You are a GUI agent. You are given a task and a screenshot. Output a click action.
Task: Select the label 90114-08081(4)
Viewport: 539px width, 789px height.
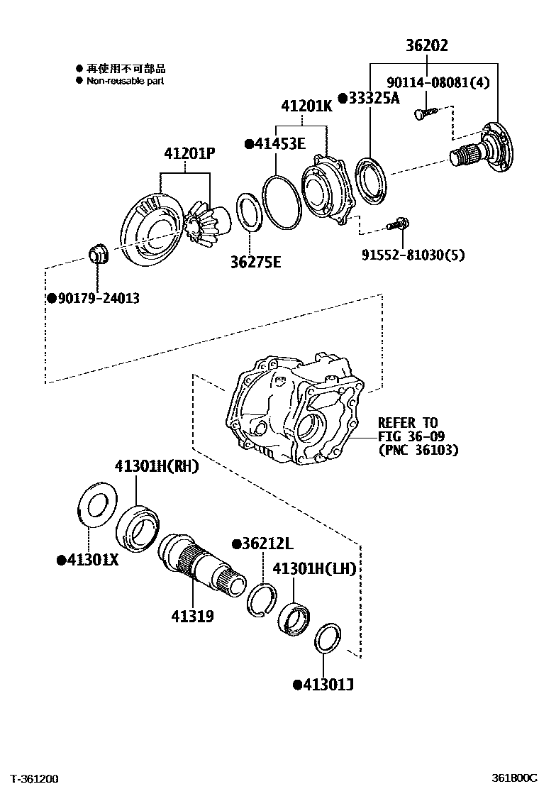coord(448,83)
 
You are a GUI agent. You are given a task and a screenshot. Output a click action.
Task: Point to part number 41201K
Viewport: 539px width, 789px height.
coord(306,107)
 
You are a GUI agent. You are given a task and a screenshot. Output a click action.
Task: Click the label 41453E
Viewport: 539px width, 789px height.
coord(278,144)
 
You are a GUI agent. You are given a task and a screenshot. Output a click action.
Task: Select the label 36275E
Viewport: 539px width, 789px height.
coord(255,263)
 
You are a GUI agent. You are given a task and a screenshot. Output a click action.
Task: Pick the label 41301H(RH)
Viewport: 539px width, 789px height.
coord(157,466)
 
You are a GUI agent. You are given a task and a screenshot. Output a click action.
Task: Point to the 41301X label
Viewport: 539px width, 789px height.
coord(90,561)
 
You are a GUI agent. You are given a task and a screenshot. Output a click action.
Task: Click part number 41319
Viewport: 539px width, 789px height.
coord(191,617)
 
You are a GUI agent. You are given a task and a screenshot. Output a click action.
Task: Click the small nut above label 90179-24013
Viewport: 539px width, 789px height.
coord(96,253)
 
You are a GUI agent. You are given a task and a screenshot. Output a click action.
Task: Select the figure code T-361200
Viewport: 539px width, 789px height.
coord(34,778)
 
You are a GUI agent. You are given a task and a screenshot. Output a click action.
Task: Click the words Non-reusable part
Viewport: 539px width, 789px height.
coord(126,81)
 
